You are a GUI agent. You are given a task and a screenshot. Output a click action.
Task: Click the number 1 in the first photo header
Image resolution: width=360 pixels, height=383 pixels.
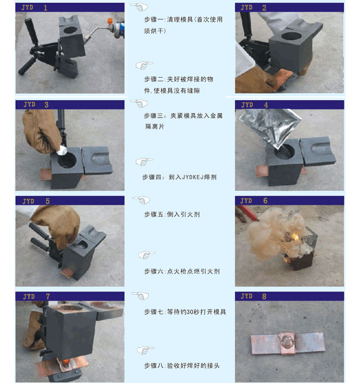pos(45,8)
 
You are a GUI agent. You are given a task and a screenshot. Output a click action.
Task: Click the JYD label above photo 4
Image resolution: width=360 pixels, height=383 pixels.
pos(247,105)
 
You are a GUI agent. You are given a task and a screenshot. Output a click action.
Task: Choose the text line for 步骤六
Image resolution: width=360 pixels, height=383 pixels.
pos(182,271)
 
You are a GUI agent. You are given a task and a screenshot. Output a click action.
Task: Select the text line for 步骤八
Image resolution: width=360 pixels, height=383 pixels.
pos(181,366)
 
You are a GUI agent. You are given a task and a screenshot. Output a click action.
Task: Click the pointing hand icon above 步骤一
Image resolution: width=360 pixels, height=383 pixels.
pos(139,7)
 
